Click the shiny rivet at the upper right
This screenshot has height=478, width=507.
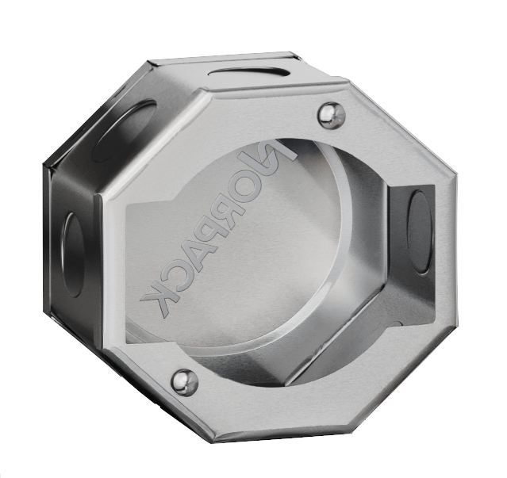331,116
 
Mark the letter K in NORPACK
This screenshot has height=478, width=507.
157,302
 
